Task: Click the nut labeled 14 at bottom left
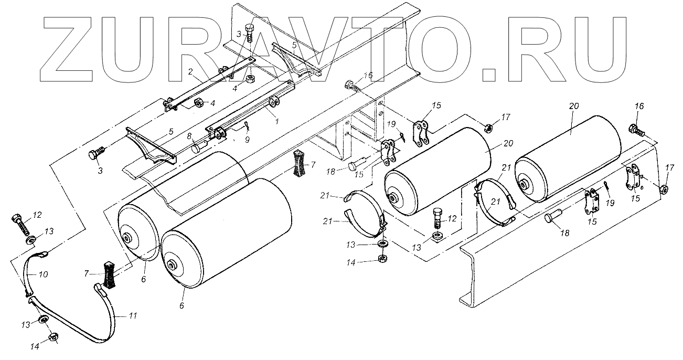53,337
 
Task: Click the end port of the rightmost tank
525,185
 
